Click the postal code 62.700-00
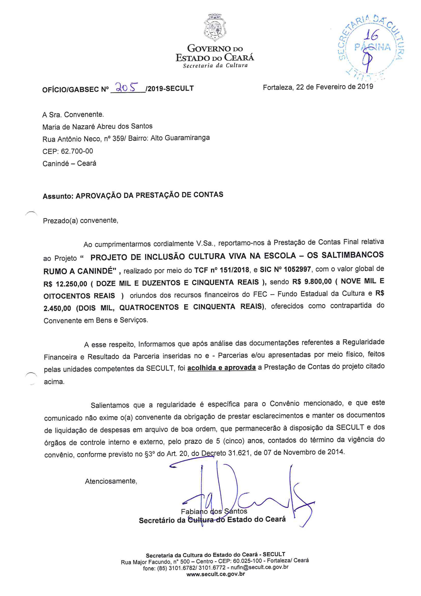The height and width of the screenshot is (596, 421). [x=77, y=151]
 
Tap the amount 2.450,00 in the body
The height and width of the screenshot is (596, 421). [x=57, y=308]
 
